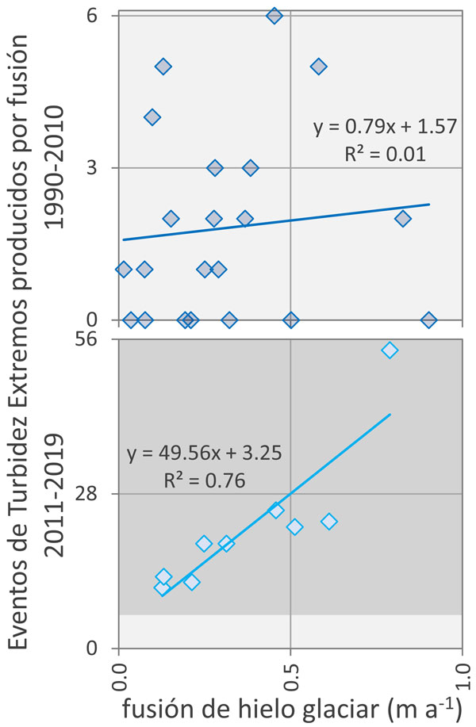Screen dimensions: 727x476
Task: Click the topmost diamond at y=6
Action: (x=274, y=16)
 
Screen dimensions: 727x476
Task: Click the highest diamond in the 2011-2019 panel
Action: (x=390, y=350)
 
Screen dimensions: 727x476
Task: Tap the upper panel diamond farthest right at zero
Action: (x=429, y=320)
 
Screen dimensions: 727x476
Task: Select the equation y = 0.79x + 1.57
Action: (x=384, y=126)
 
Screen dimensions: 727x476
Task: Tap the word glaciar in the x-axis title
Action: (x=338, y=706)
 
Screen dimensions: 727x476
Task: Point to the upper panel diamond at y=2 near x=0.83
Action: (x=403, y=219)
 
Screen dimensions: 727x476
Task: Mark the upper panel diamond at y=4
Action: (x=152, y=117)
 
